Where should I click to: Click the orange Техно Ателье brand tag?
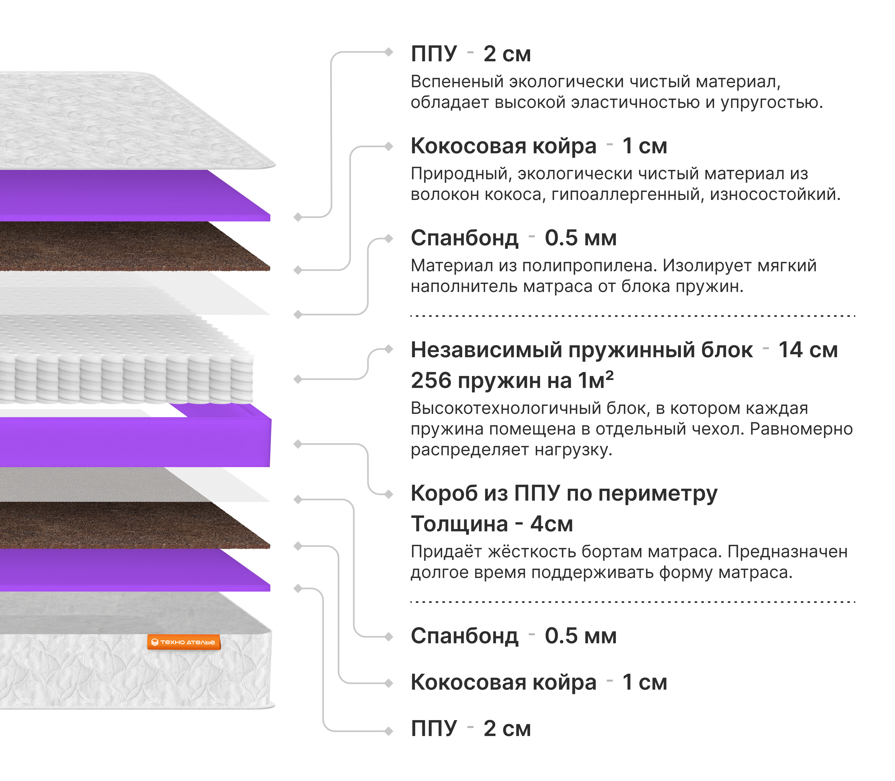pyautogui.click(x=184, y=642)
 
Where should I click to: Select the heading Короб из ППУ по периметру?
pyautogui.click(x=564, y=494)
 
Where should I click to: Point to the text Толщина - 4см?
pyautogui.click(x=492, y=524)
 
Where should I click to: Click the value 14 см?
pyautogui.click(x=808, y=350)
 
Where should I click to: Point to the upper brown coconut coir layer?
pyautogui.click(x=131, y=246)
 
